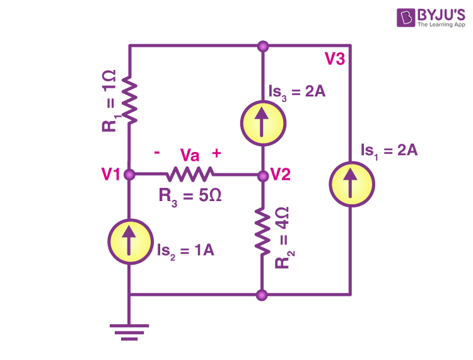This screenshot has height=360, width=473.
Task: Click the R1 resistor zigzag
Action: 130,100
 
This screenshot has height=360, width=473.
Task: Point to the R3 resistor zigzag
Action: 190,174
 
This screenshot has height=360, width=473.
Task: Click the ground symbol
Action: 129,332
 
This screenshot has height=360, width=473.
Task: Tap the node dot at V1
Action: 129,174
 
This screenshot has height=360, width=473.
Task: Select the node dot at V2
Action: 263,176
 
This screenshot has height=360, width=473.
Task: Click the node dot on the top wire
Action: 263,47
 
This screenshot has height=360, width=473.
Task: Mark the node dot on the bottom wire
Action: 262,294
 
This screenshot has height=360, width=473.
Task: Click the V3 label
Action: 334,59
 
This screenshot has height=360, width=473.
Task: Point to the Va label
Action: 190,155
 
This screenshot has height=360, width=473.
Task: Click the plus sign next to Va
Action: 216,153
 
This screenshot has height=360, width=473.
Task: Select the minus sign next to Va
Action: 157,153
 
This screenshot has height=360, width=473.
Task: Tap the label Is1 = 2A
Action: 389,151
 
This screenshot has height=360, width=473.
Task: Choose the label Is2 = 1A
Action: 185,251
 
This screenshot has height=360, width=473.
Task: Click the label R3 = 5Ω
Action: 190,197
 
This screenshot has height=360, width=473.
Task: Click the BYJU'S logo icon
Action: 406,18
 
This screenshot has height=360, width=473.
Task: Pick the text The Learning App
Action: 441,25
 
